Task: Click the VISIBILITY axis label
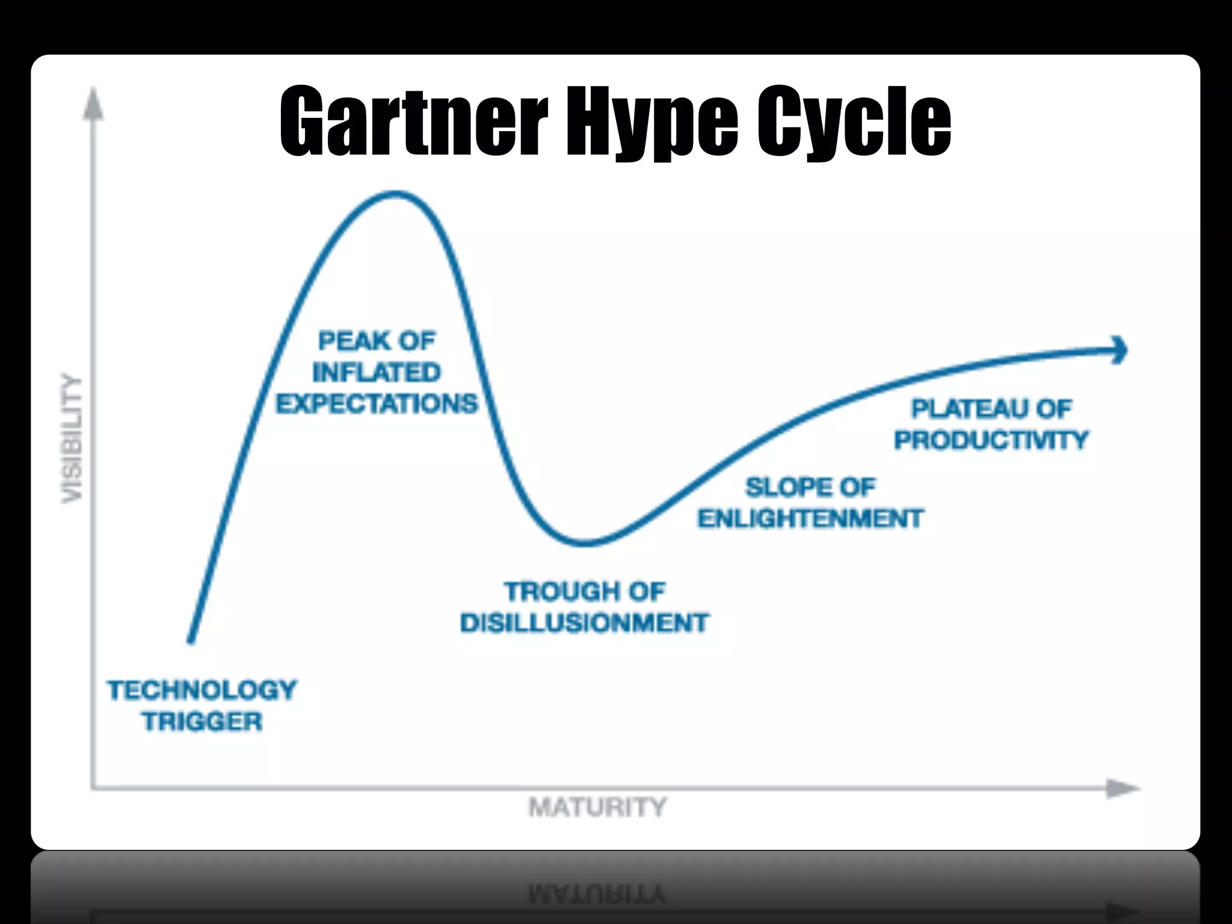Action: (72, 438)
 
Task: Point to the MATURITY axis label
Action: (597, 807)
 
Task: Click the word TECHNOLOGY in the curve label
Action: (202, 690)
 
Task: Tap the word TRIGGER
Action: (202, 721)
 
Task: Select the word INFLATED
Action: (377, 372)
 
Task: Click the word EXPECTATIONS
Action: (377, 404)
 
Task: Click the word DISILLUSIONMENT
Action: (585, 623)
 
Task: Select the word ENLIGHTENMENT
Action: (810, 518)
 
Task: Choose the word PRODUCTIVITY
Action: (991, 440)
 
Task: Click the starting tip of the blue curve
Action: (191, 641)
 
